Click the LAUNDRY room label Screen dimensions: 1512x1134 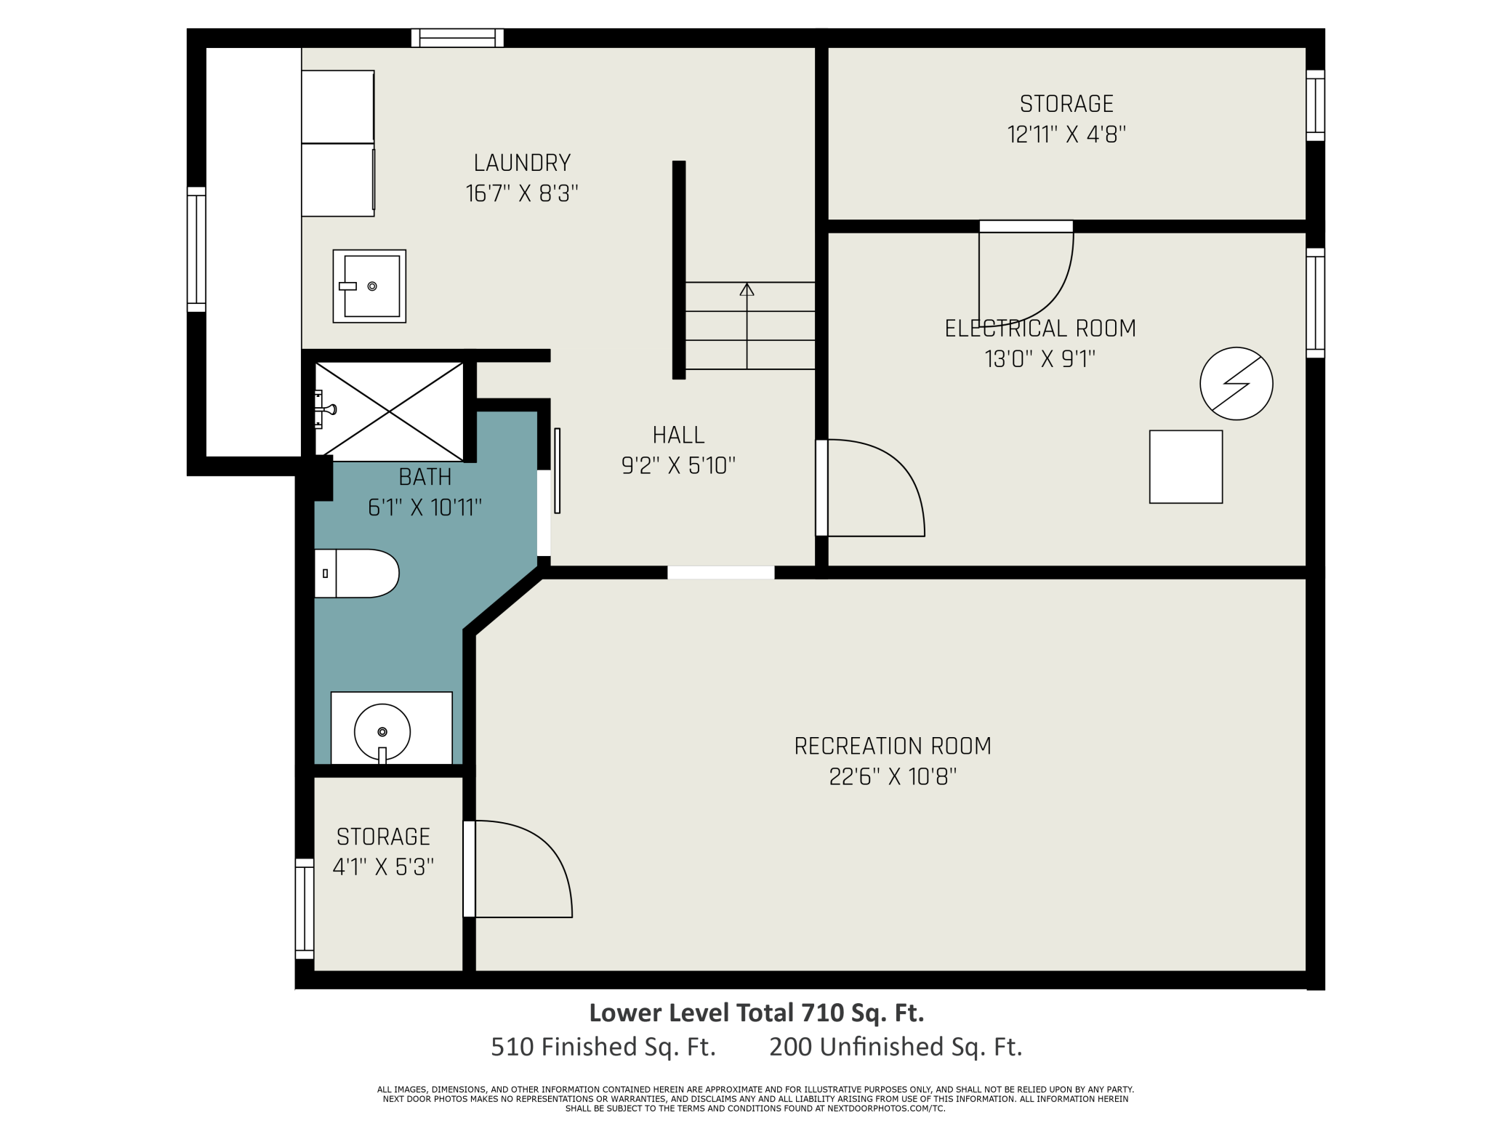pos(522,162)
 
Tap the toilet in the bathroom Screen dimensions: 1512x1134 pos(356,574)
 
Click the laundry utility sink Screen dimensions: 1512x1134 pos(369,286)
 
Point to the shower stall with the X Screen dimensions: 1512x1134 pos(390,411)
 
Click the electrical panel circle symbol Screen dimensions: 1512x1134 pos(1236,383)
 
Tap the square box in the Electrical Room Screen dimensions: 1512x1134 pos(1186,467)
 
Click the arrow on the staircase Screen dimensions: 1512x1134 pos(747,326)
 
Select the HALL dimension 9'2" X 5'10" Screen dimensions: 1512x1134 pos(678,465)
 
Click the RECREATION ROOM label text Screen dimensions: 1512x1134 pos(893,746)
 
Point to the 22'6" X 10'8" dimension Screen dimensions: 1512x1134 pos(893,776)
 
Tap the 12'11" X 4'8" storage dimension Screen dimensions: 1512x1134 pos(1066,134)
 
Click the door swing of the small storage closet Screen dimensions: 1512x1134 pos(518,869)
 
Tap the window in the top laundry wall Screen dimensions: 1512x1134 pos(457,38)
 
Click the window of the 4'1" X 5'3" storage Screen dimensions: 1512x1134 pos(305,909)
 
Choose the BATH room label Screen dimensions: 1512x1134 pos(425,477)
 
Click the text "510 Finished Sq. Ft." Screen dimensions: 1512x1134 pos(603,1047)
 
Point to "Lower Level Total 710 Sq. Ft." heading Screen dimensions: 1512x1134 pos(757,1013)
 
